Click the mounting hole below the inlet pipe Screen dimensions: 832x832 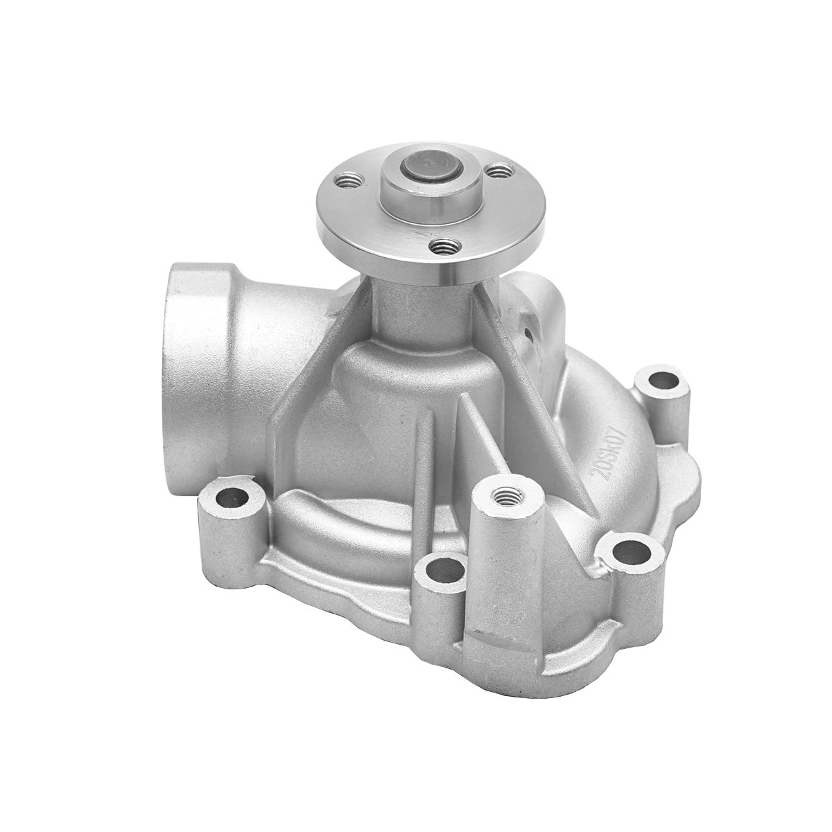[231, 496]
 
